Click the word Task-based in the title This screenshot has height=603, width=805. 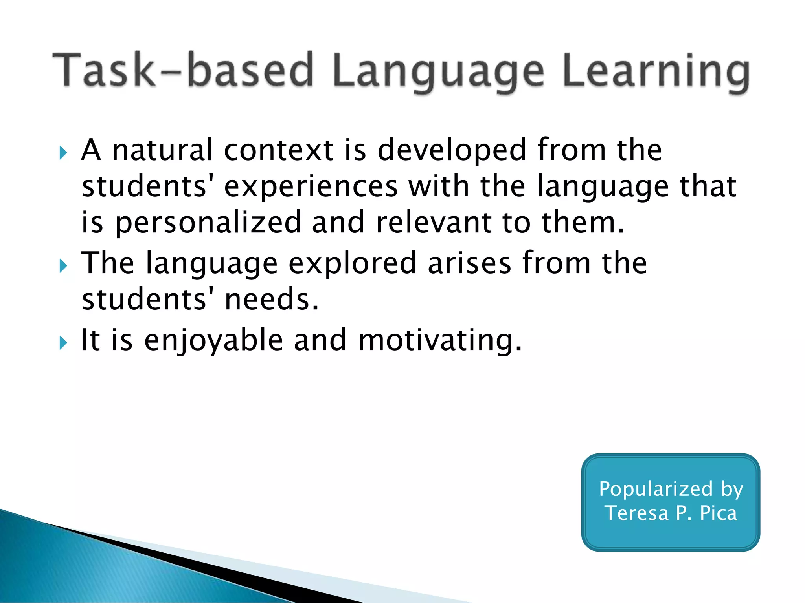pyautogui.click(x=183, y=70)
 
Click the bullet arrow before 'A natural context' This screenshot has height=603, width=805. pyautogui.click(x=63, y=153)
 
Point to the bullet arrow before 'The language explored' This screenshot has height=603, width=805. pyautogui.click(x=63, y=266)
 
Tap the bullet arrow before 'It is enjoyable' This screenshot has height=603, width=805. pyautogui.click(x=63, y=343)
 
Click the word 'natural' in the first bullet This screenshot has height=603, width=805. pyautogui.click(x=162, y=150)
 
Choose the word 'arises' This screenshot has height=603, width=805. pyautogui.click(x=469, y=263)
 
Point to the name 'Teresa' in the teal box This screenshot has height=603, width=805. pyautogui.click(x=636, y=513)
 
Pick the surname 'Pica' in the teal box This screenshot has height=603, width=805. pyautogui.click(x=718, y=513)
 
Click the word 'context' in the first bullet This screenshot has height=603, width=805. pyautogui.click(x=279, y=150)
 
